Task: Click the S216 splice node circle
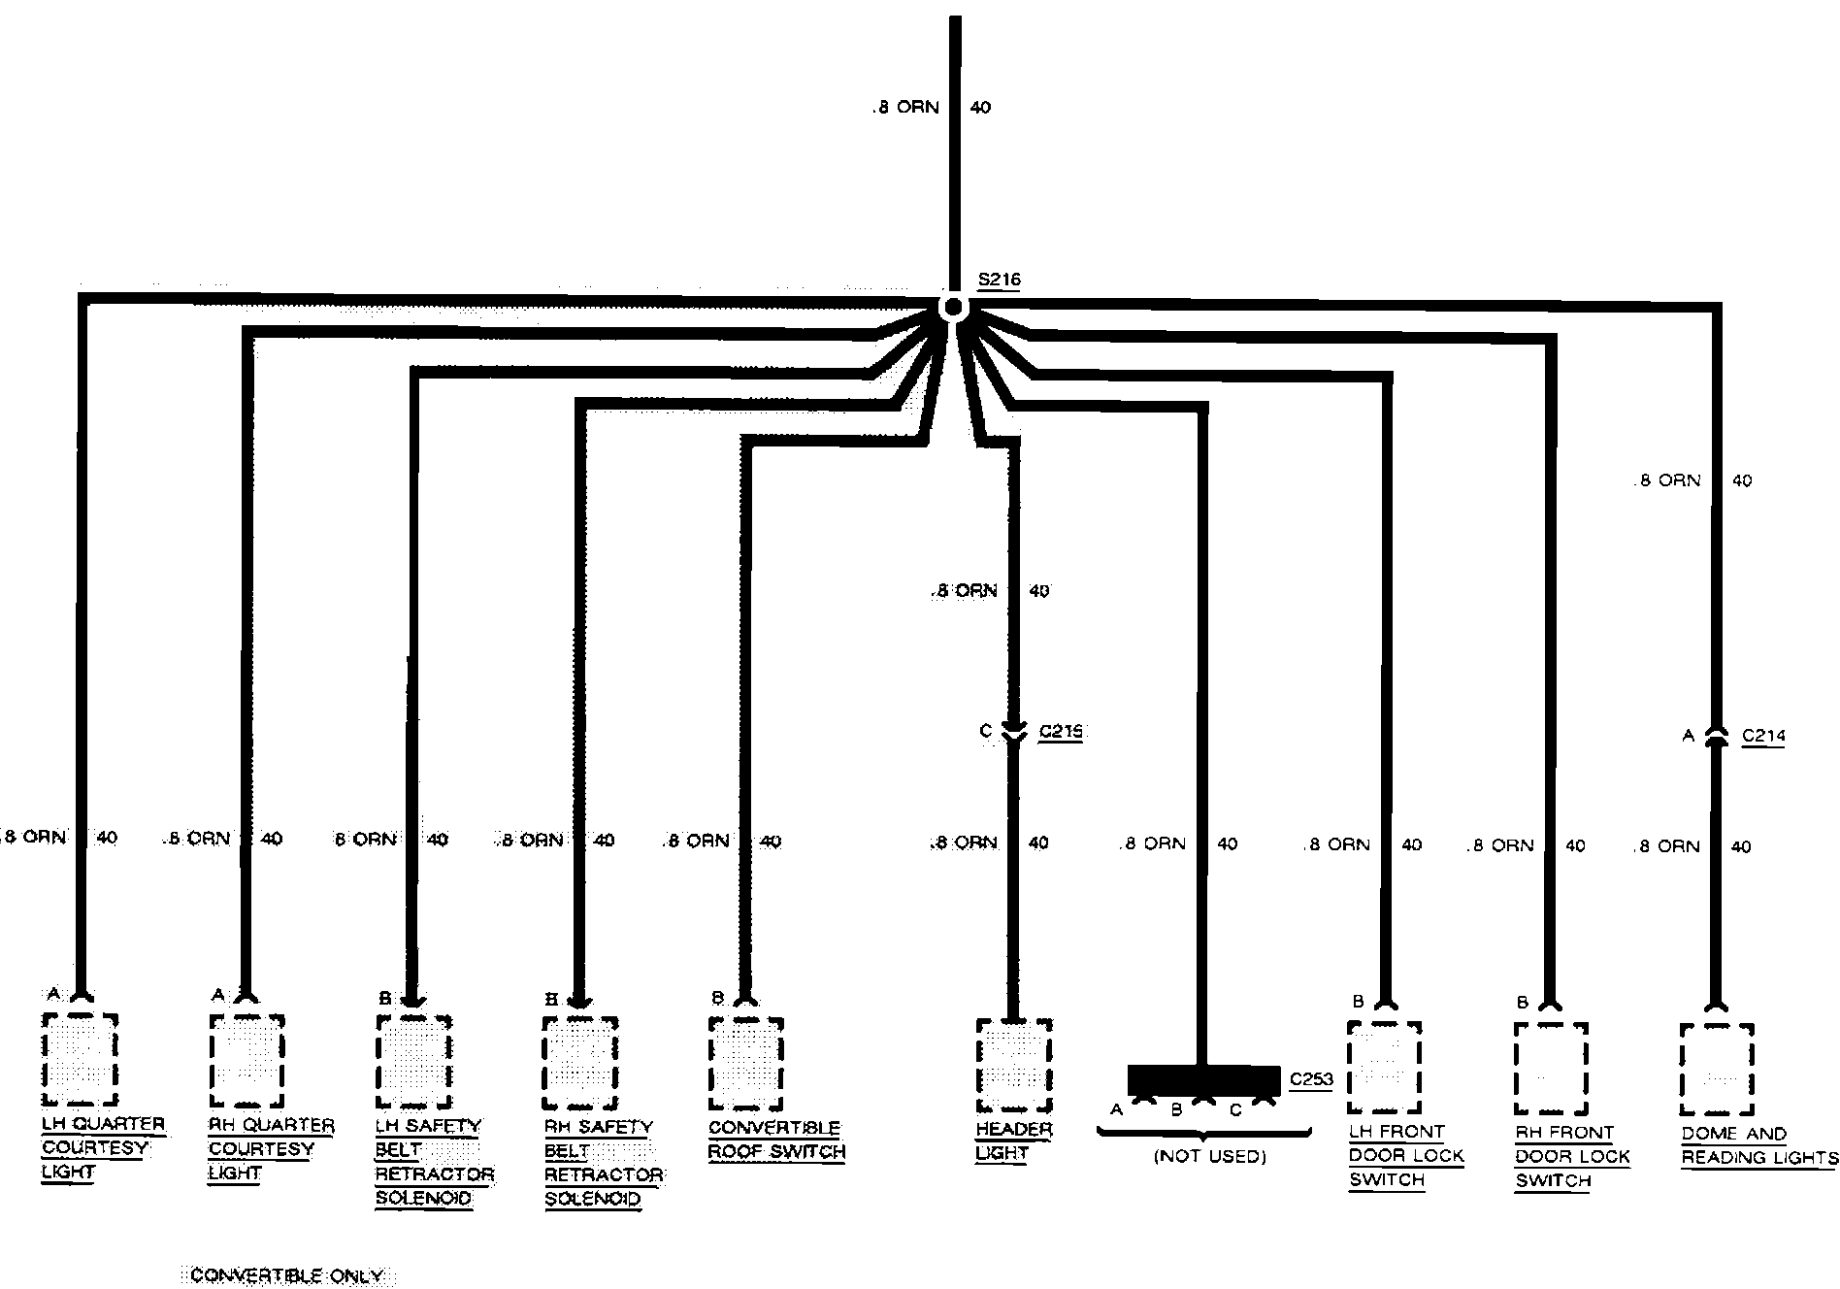[x=954, y=307]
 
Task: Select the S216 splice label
[x=1000, y=281]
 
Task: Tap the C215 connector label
[x=1060, y=732]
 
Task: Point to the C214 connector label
[x=1763, y=736]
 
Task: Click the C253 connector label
[x=1311, y=1079]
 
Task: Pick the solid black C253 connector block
[x=1203, y=1079]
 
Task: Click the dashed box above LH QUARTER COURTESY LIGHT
[x=81, y=1059]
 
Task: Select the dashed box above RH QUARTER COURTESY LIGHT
[x=247, y=1061]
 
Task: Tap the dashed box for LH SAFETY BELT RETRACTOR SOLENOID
[x=413, y=1062]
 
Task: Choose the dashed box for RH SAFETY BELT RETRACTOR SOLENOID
[x=580, y=1063]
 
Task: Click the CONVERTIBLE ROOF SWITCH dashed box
[x=746, y=1064]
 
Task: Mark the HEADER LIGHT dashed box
[x=1013, y=1066]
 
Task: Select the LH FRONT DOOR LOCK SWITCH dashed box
[x=1385, y=1068]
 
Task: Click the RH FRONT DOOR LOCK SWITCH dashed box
[x=1551, y=1069]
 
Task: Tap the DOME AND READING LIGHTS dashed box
[x=1717, y=1070]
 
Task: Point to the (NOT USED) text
[x=1210, y=1157]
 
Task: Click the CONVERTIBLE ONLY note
[x=287, y=1275]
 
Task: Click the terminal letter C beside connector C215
[x=985, y=732]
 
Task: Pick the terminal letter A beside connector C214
[x=1689, y=737]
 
